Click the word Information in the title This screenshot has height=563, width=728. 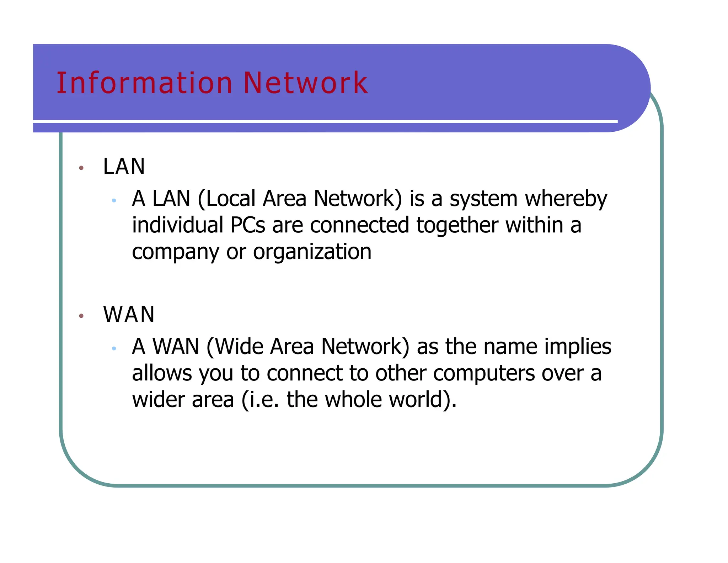click(144, 83)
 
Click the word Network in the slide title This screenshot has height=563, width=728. click(306, 83)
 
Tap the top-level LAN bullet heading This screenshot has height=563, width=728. click(124, 166)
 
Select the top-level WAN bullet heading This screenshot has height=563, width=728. click(129, 314)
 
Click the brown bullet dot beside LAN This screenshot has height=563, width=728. click(81, 168)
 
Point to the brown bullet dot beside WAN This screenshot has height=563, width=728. click(81, 316)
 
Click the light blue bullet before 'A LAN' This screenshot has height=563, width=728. click(114, 201)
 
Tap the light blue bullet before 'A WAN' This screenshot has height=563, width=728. click(114, 349)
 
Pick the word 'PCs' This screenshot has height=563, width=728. click(247, 225)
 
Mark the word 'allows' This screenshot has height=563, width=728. click(162, 373)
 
